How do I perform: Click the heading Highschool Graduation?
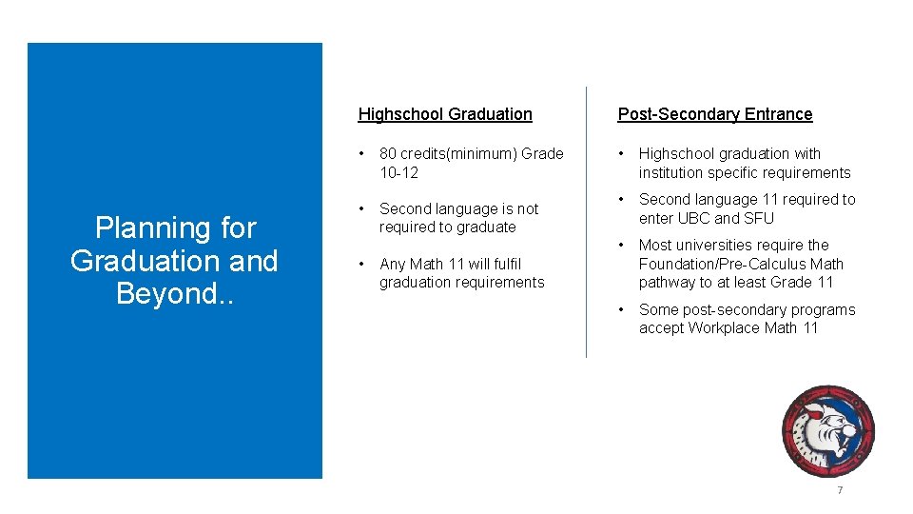[445, 114]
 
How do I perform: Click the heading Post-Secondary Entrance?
[715, 114]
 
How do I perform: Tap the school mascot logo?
[826, 431]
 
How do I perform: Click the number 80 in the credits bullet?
[388, 154]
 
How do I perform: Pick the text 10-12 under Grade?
[398, 172]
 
